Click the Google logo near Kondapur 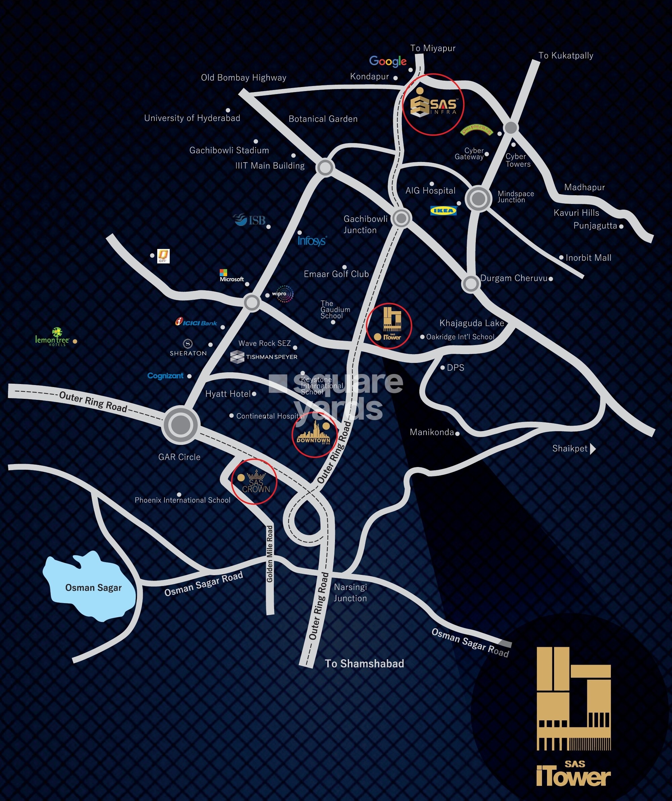tap(388, 61)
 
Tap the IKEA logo tap(443, 211)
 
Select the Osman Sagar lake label tap(93, 587)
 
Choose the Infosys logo tap(311, 241)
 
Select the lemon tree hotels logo tap(52, 337)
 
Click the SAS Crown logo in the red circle tap(255, 482)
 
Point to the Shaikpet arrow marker tap(593, 449)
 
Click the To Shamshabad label tap(364, 664)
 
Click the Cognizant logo tap(166, 376)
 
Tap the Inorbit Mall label tap(588, 258)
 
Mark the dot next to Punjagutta tap(621, 226)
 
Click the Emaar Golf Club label tap(336, 274)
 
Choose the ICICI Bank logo tap(196, 323)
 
